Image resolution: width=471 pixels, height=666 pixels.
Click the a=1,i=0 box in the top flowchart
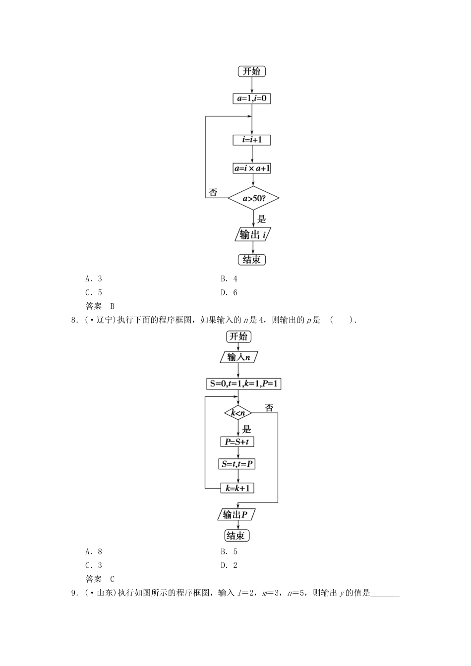(252, 98)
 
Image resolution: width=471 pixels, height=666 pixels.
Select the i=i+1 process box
(252, 140)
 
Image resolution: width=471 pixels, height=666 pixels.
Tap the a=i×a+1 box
(252, 168)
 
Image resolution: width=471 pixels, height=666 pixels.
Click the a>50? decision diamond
(253, 199)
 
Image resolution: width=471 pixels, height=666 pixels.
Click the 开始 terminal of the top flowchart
(252, 71)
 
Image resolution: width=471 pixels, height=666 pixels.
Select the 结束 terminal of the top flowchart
(252, 260)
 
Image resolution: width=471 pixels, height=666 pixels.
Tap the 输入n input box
(238, 357)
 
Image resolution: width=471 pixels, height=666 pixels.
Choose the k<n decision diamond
(238, 413)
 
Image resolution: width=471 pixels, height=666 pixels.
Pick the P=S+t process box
(237, 442)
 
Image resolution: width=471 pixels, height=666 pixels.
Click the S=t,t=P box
(237, 464)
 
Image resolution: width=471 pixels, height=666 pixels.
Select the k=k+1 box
(237, 488)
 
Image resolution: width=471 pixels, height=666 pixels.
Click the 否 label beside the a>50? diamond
(213, 193)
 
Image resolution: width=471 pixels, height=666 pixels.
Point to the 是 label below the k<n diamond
(246, 429)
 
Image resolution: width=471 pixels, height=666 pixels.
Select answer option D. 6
(229, 292)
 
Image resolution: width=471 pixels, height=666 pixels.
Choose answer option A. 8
(94, 552)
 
